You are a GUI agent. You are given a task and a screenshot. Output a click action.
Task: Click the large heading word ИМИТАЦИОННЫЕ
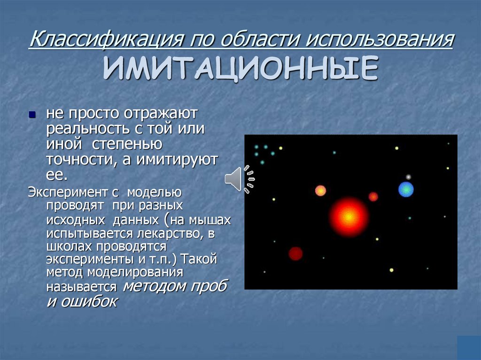click(240, 69)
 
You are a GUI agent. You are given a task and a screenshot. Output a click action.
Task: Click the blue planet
click(406, 189)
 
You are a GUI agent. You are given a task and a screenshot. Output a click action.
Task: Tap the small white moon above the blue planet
click(408, 177)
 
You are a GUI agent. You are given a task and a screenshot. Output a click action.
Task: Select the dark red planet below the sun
click(295, 253)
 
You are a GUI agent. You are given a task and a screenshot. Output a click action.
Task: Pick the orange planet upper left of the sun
click(320, 191)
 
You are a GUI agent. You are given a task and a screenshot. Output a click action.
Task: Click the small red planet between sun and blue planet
click(373, 197)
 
